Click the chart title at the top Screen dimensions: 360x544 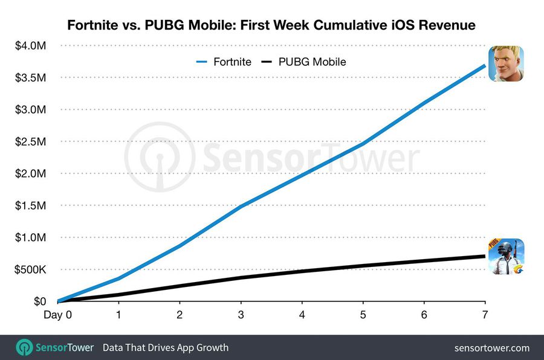[271, 25]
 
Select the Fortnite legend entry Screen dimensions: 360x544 [223, 62]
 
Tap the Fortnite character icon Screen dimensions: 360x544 [506, 64]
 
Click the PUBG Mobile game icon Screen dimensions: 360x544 [506, 257]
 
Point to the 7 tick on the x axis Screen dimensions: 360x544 [485, 315]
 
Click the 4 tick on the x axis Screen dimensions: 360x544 [302, 315]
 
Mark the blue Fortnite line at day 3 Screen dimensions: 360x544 [241, 207]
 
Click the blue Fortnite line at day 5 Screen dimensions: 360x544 [363, 144]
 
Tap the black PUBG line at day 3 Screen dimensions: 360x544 [241, 278]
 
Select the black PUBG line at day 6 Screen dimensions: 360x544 [424, 261]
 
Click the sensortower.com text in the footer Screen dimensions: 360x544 [491, 348]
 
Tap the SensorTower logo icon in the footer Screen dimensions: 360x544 [25, 348]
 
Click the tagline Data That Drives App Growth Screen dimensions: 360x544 [166, 348]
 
